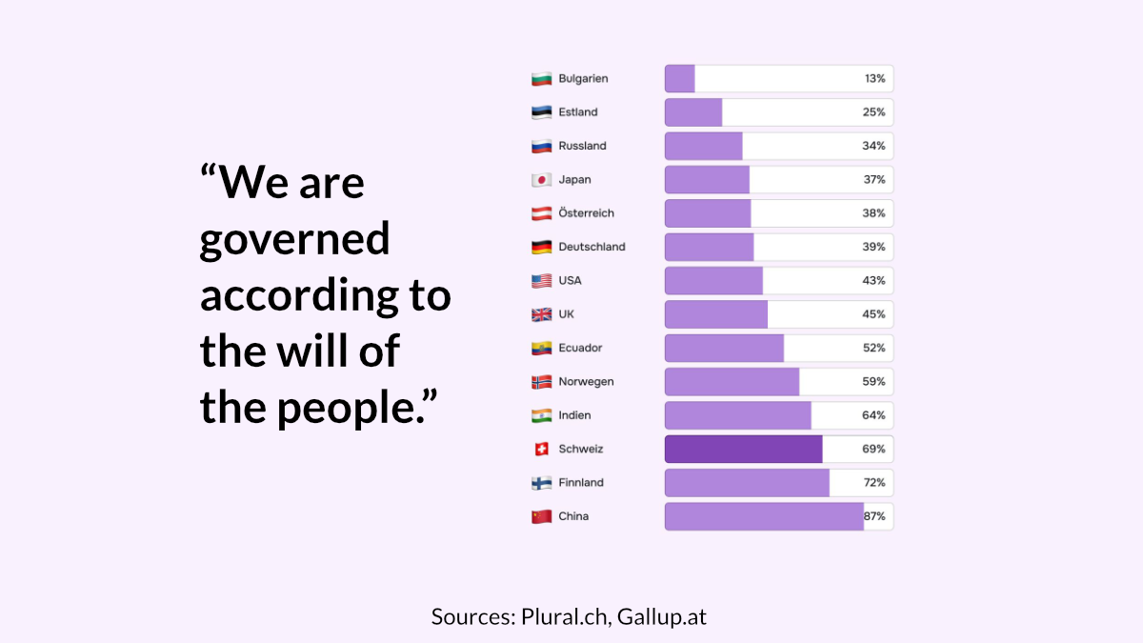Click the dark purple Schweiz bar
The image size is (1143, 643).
click(x=743, y=449)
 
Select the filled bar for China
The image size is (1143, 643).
click(x=764, y=516)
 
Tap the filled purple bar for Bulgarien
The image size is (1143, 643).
click(x=680, y=78)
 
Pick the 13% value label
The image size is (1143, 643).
click(x=874, y=78)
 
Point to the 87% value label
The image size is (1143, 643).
click(x=874, y=516)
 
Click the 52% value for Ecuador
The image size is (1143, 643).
click(x=874, y=348)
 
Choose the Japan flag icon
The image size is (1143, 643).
click(x=542, y=180)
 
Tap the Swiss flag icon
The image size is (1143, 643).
click(x=542, y=449)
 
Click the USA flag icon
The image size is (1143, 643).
click(x=542, y=281)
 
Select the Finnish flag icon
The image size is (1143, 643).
click(x=542, y=483)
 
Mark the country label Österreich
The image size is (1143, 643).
click(x=586, y=213)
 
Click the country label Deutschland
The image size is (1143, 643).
click(x=592, y=247)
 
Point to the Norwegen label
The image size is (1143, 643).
click(x=586, y=382)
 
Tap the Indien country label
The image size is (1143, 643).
click(x=574, y=415)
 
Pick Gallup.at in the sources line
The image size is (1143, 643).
click(x=662, y=616)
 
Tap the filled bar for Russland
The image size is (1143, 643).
click(x=703, y=146)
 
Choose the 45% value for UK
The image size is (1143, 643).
click(x=874, y=314)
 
